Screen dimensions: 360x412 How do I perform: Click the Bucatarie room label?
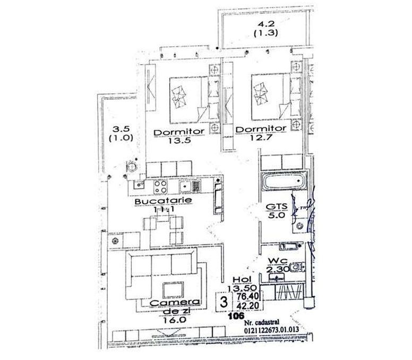coord(156,202)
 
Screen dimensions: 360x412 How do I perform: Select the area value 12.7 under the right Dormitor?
coord(260,139)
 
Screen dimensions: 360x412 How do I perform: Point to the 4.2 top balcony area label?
coord(264,24)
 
